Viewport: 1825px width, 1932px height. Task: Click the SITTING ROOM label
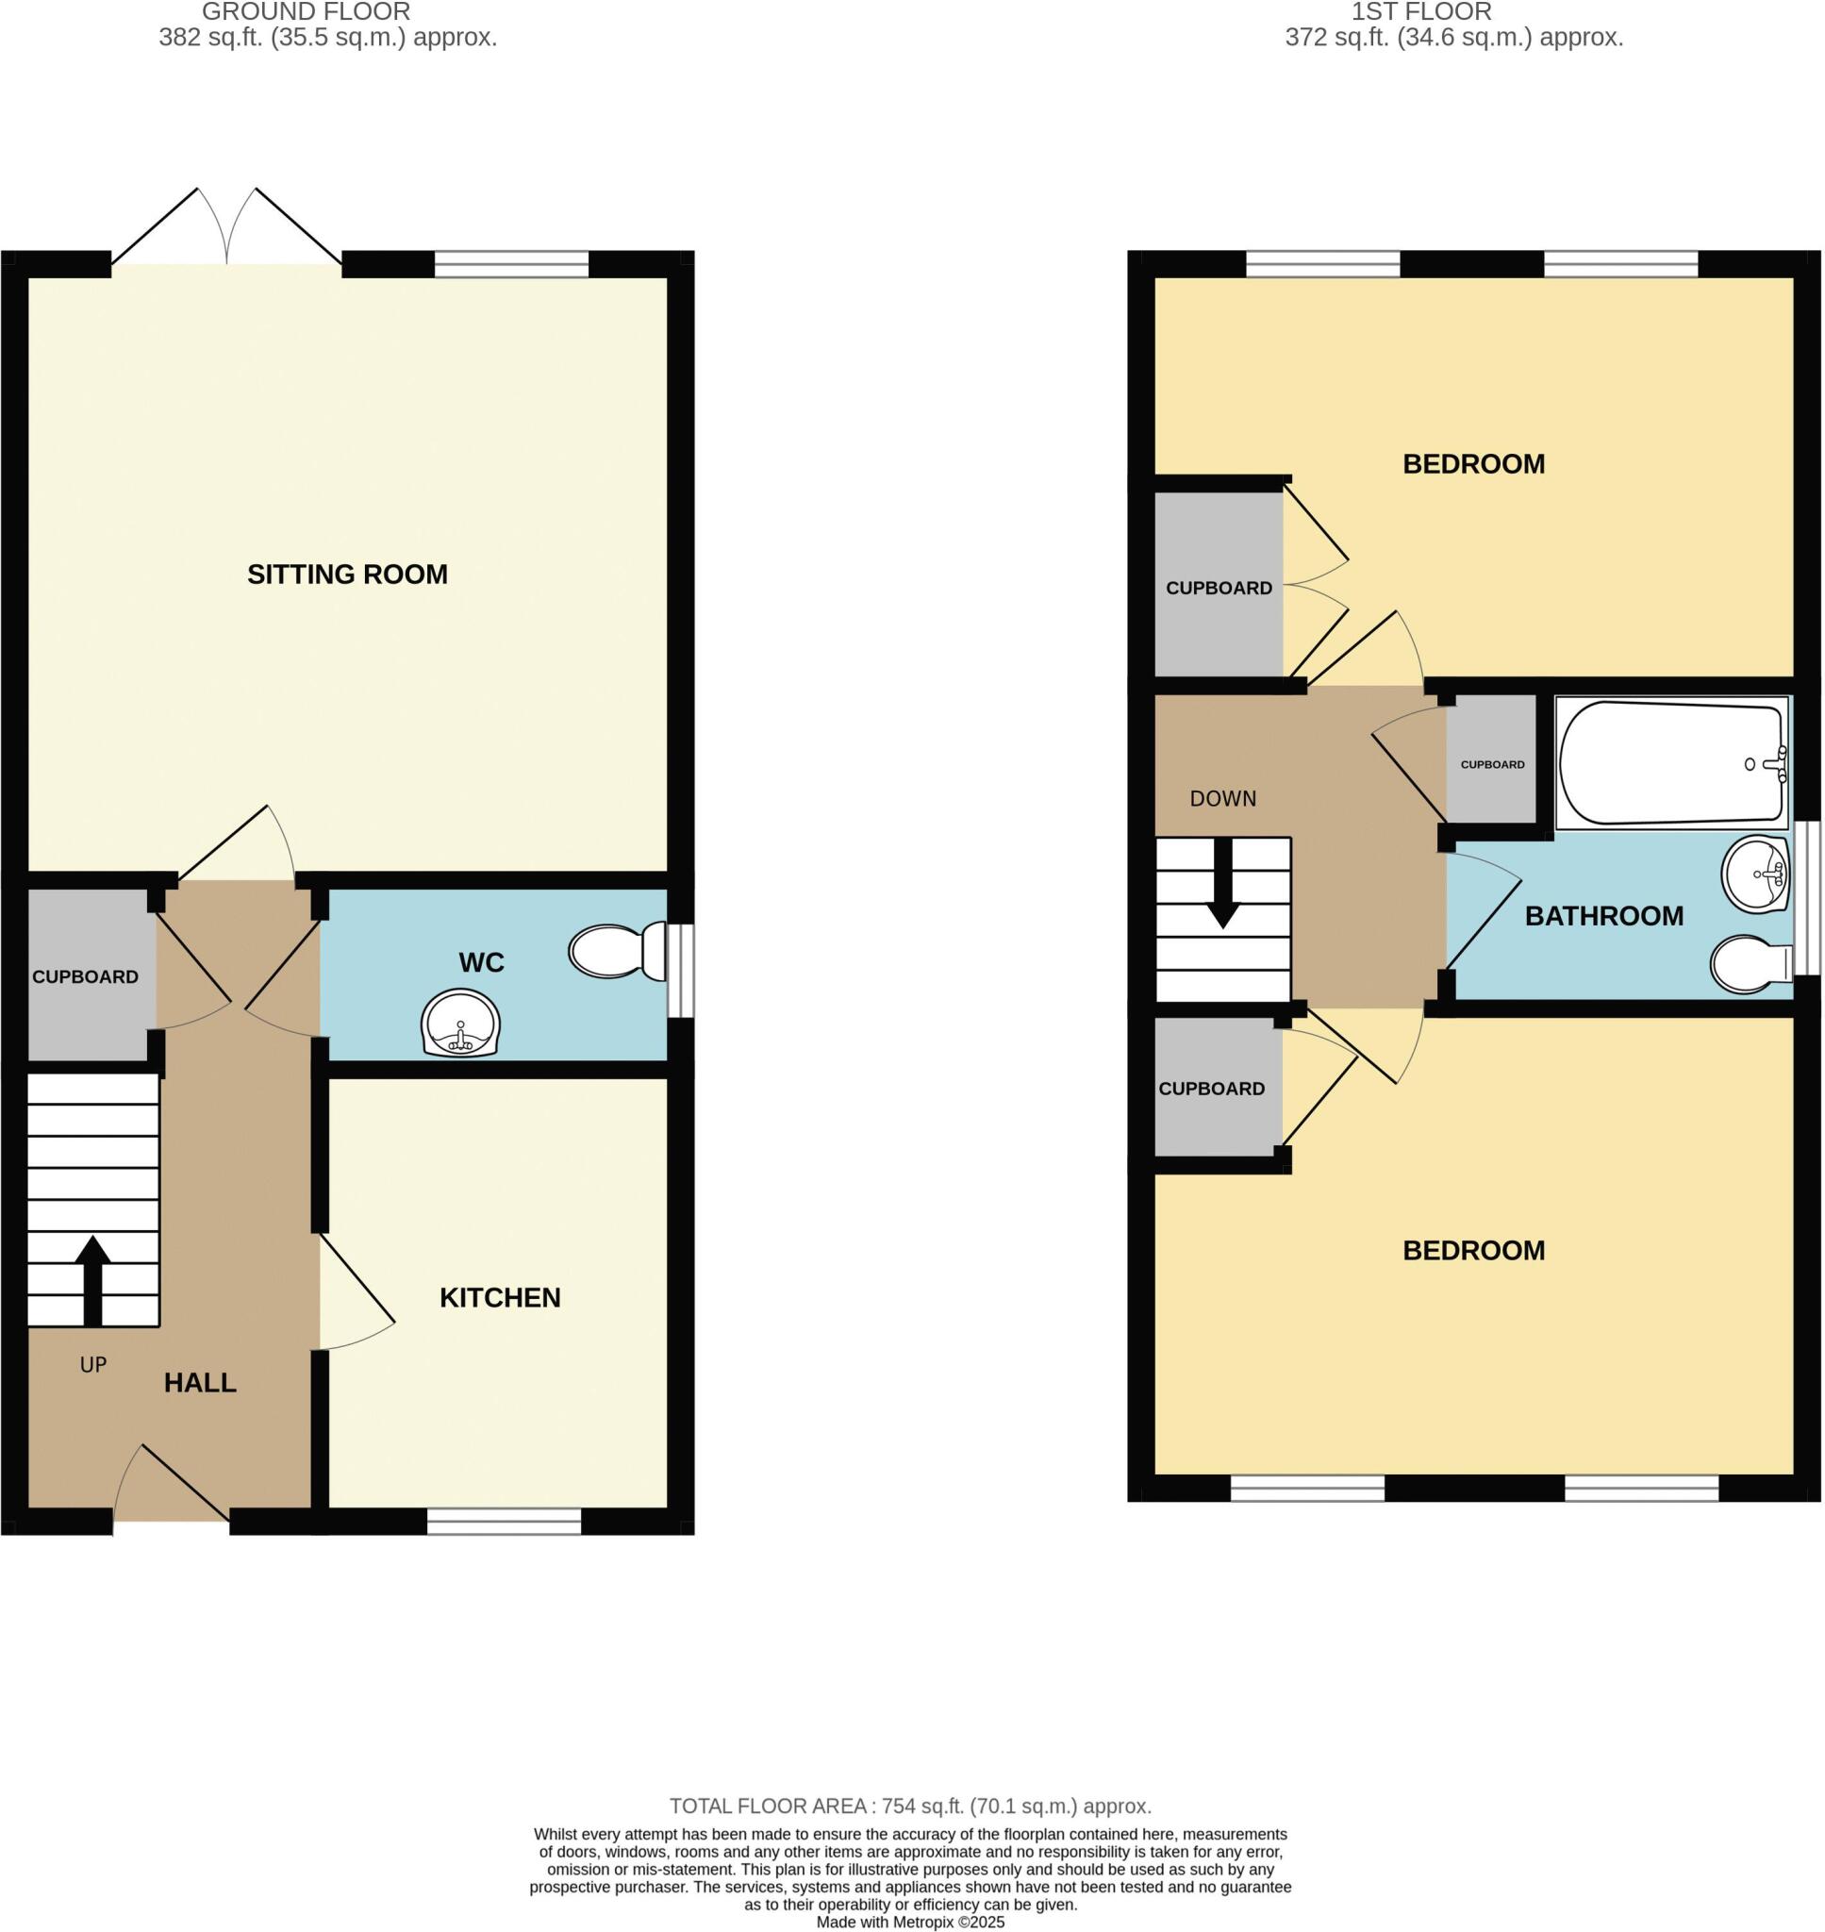(x=347, y=574)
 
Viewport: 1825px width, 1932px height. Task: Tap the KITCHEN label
(x=500, y=1297)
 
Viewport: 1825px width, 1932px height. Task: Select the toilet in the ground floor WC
(x=617, y=951)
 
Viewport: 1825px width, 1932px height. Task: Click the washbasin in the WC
(x=461, y=1024)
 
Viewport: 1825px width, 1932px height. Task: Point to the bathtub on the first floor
(x=1671, y=764)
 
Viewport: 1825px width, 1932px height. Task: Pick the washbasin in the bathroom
(x=1755, y=874)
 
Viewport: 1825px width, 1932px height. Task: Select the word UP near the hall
(x=93, y=1365)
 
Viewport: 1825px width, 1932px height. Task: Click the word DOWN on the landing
(x=1223, y=799)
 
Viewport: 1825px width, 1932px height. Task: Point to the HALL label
(x=199, y=1382)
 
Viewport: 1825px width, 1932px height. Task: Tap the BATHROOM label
(x=1603, y=915)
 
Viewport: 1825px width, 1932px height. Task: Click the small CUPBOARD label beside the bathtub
(x=1492, y=765)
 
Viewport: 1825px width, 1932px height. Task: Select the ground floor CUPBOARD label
(x=86, y=976)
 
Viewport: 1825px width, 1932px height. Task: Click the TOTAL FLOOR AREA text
(x=909, y=1807)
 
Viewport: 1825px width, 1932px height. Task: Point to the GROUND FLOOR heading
(x=306, y=11)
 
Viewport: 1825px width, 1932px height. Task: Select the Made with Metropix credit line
(x=909, y=1923)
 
